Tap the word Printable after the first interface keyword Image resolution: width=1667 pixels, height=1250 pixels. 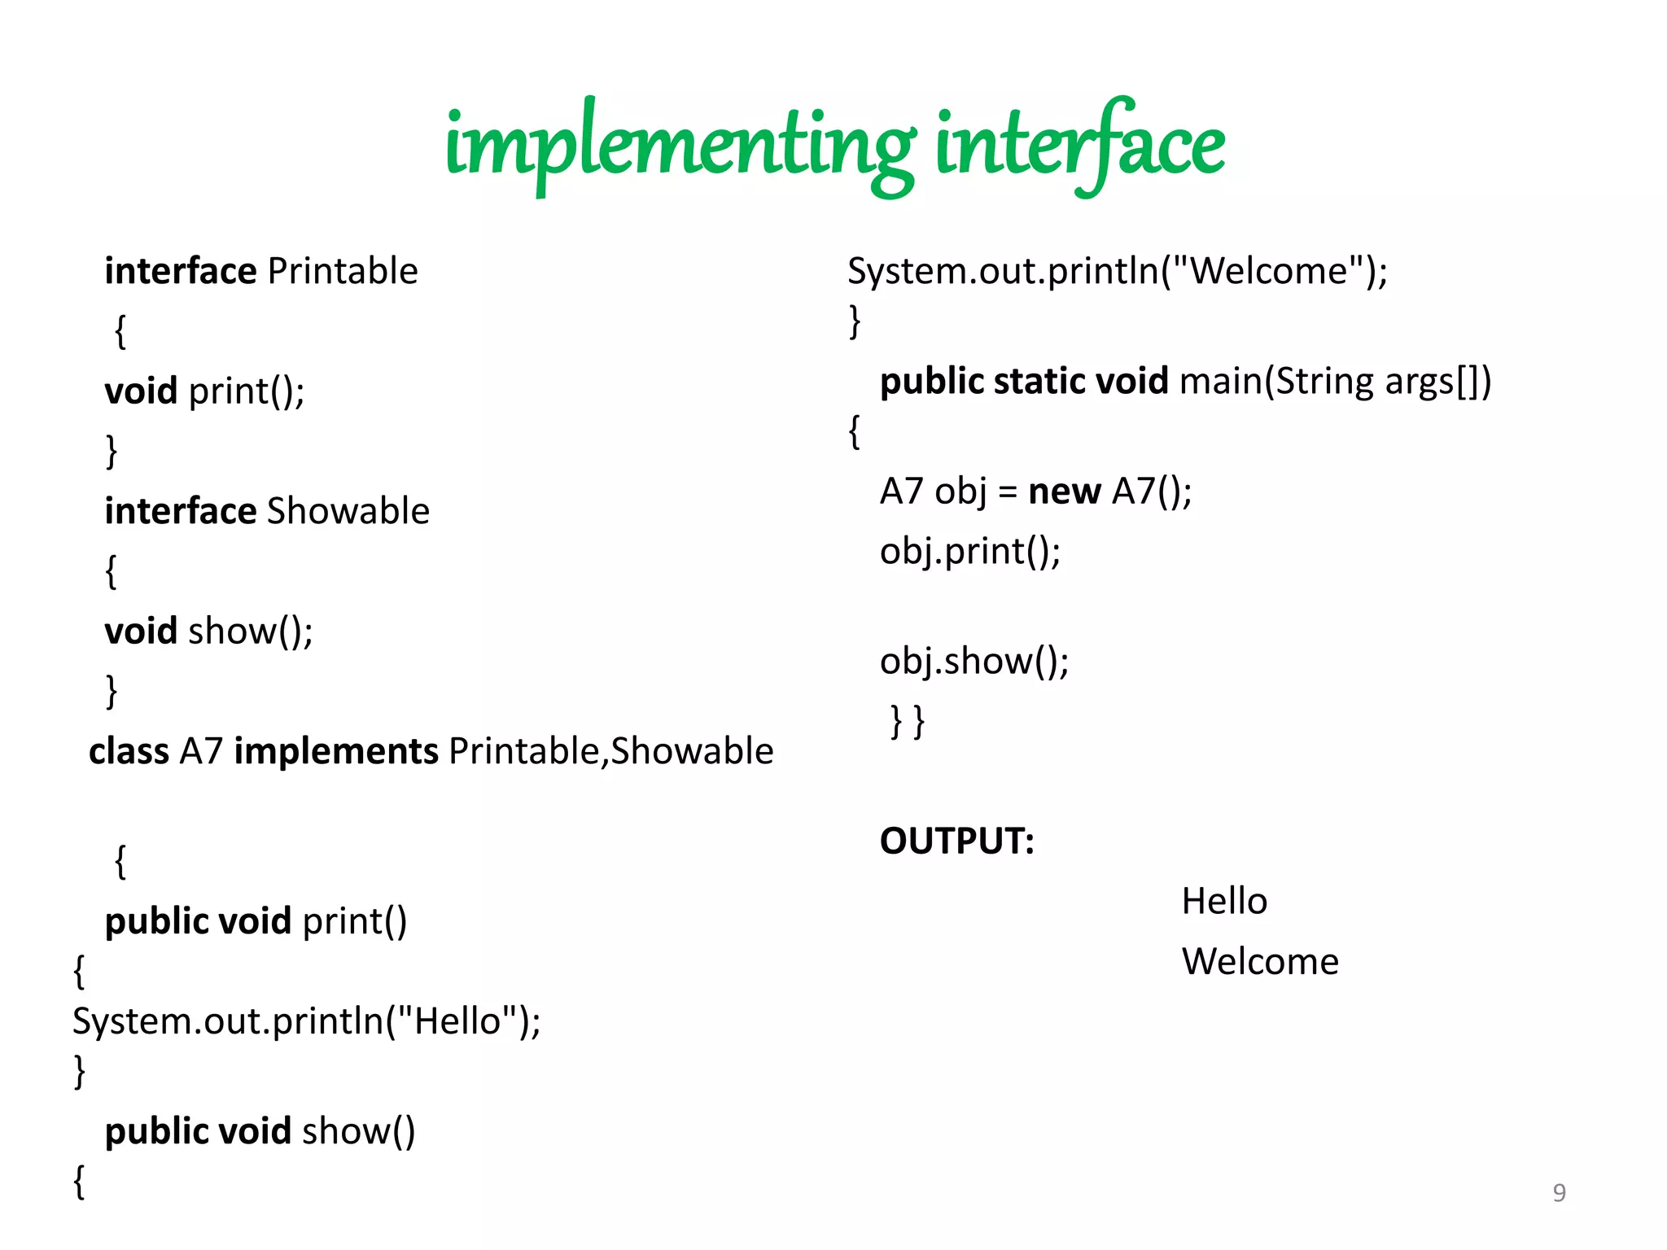tap(343, 271)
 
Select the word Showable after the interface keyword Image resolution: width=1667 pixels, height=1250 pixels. tap(348, 511)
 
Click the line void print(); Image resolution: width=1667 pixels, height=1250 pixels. tap(204, 391)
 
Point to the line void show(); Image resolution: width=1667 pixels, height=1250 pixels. tap(208, 632)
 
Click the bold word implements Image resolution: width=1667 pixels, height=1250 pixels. tap(336, 751)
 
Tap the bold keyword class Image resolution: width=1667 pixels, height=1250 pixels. tap(129, 751)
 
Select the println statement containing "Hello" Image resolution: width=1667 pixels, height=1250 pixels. tap(306, 1021)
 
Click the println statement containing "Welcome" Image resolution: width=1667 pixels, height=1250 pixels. tap(1117, 271)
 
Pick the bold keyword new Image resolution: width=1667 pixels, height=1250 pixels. tap(1064, 492)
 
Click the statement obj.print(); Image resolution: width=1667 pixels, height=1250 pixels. tap(970, 552)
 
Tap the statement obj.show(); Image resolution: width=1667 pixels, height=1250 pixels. tap(974, 661)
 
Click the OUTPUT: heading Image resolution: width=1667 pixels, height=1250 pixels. tap(956, 841)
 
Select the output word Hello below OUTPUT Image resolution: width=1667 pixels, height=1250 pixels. tap(1224, 902)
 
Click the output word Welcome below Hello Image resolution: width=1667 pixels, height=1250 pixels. tap(1260, 962)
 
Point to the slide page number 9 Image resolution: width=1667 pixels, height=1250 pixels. tap(1559, 1193)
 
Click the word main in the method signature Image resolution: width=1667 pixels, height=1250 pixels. tap(1220, 382)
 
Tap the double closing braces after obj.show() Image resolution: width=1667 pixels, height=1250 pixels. tap(908, 722)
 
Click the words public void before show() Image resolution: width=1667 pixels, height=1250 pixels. tap(198, 1131)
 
